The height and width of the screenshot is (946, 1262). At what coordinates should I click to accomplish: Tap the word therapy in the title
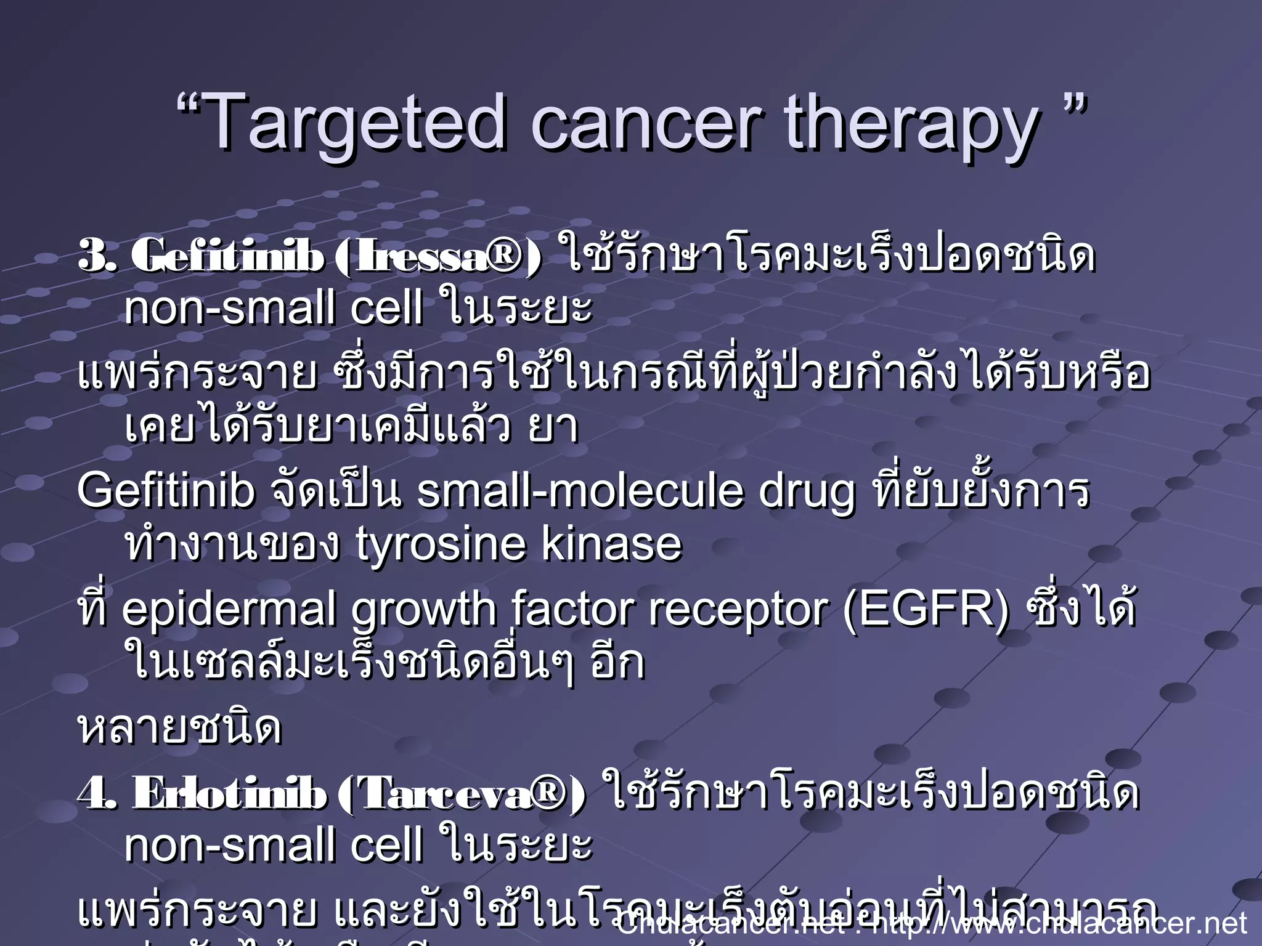pos(912,126)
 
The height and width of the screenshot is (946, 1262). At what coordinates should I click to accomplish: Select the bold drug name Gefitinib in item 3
pos(227,256)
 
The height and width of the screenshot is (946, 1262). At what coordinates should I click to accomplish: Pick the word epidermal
pos(229,610)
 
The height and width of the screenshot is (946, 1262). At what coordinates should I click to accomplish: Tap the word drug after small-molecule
pos(807,493)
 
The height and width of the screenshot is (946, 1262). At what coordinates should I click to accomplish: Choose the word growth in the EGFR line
pos(424,610)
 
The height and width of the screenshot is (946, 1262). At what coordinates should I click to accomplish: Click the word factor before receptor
pos(574,610)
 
